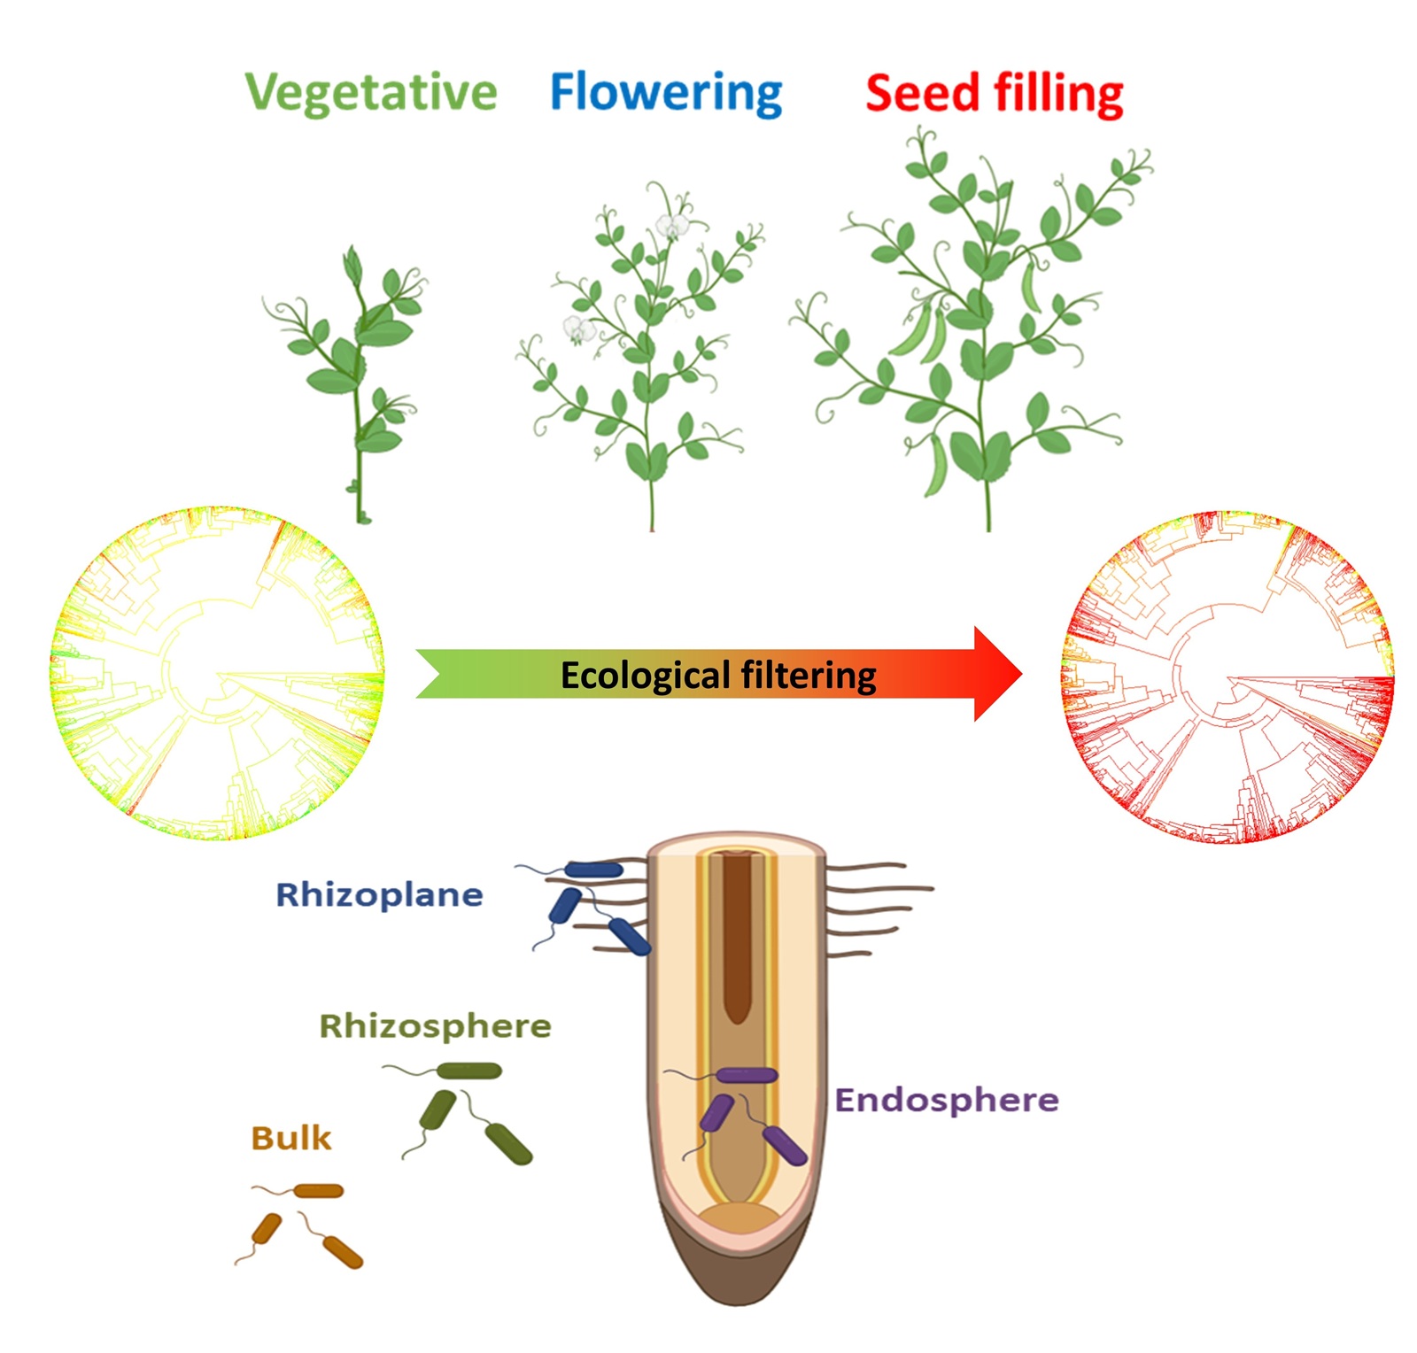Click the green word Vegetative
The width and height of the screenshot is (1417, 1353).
coord(371,92)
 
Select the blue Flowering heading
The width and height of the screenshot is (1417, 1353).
coord(666,92)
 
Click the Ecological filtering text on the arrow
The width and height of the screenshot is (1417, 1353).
coord(718,676)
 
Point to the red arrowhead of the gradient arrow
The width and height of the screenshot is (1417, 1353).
coord(996,674)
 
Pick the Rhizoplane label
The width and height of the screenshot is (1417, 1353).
coord(379,895)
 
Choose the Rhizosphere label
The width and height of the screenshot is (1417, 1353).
coord(435,1026)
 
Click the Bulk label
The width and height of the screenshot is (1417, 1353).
coord(290,1138)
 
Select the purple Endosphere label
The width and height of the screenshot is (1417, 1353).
coord(947,1100)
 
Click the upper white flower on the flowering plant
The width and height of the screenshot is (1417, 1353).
coord(672,226)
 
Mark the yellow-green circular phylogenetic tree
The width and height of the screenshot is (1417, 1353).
coord(217,674)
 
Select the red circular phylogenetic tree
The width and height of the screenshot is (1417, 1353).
coord(1227,677)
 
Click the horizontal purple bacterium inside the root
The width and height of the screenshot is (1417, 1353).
coord(747,1076)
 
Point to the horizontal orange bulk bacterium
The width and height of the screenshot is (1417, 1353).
coord(318,1191)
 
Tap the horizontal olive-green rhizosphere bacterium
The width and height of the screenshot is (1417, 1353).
coord(469,1071)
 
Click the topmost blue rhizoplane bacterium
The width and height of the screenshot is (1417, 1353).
coord(594,870)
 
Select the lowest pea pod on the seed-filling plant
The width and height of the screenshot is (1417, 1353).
coord(936,465)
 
